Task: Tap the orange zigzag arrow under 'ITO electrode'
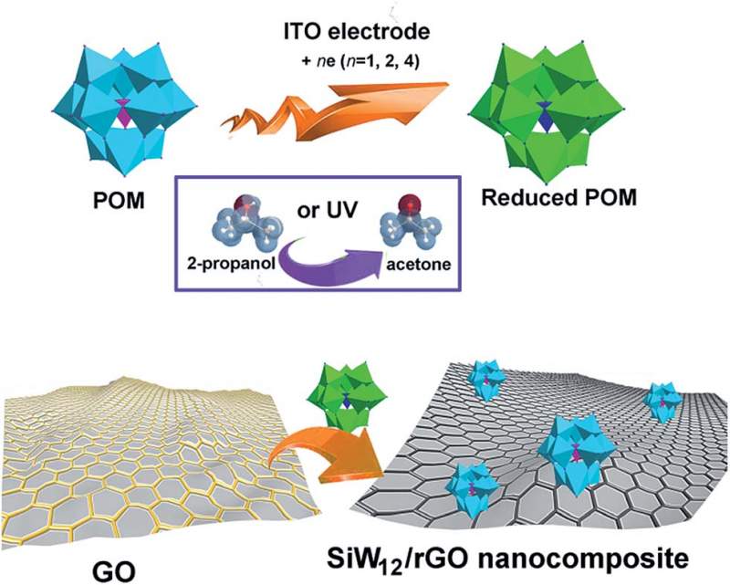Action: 348,110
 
